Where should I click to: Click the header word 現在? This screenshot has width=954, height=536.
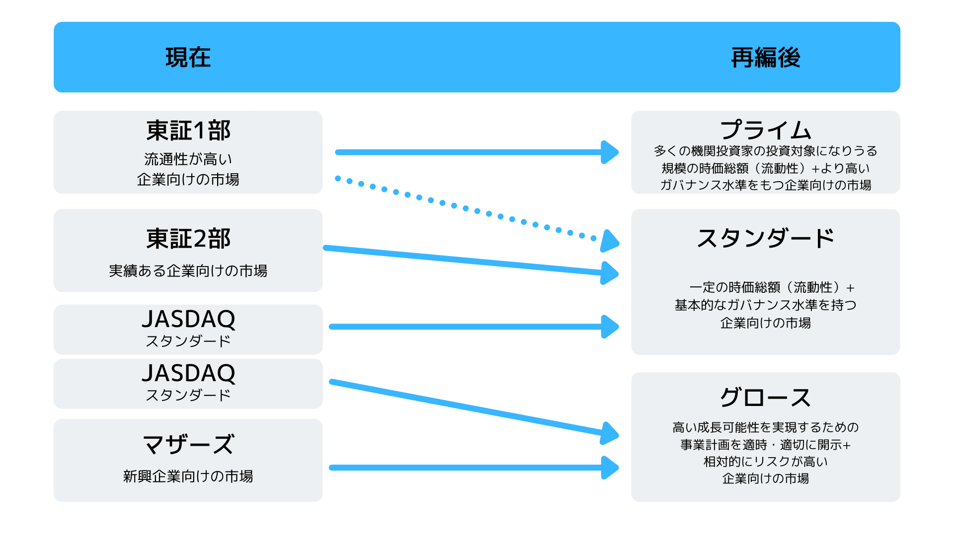coord(188,58)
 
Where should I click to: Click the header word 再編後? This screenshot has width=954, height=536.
coord(765,58)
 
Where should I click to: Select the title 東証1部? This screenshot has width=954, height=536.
coord(188,131)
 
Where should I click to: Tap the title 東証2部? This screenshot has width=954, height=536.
coord(188,239)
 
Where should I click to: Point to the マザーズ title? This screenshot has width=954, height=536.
coord(188,444)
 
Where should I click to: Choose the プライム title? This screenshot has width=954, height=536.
coord(765,130)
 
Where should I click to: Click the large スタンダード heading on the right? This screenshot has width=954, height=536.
coord(765,239)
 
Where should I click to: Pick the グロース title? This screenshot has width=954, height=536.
coord(765,398)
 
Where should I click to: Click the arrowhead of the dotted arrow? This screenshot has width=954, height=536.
coord(609,241)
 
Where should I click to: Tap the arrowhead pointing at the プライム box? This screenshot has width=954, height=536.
coord(610,152)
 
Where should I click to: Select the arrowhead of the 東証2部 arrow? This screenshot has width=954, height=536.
coord(610,273)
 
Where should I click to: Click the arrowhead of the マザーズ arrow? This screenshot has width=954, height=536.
coord(610,468)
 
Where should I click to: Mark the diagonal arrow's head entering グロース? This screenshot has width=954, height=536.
coord(610,434)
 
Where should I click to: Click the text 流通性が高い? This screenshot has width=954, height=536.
coord(188,159)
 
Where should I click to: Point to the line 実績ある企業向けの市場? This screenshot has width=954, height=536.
coord(188,271)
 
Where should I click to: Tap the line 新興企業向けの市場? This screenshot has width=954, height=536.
coord(188,476)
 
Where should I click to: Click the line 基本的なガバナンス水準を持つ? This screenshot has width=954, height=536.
coord(765,305)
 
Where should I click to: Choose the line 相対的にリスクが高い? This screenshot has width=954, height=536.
coord(765,462)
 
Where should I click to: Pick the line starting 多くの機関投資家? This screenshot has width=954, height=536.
coord(765,151)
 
